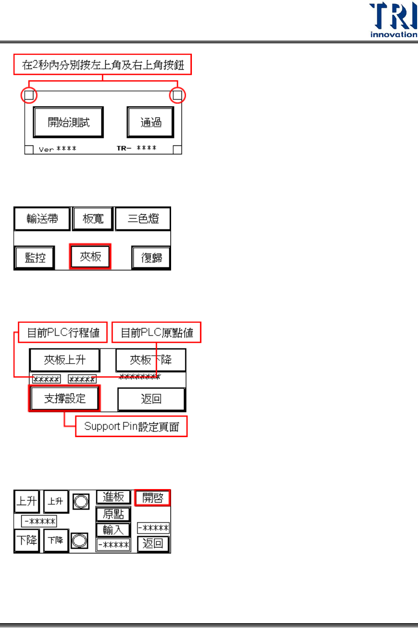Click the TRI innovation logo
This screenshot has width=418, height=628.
point(393,19)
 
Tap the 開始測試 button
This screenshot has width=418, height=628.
point(68,122)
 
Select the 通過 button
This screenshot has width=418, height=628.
point(150,122)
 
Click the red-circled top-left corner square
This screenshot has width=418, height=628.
point(29,95)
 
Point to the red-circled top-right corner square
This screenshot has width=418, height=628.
point(177,95)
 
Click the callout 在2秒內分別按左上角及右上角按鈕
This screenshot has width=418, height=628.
point(103,65)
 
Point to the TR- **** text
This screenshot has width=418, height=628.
point(136,148)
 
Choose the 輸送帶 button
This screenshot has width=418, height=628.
point(42,219)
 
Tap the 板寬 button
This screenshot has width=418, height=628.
point(93,219)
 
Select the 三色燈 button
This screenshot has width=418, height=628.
point(143,219)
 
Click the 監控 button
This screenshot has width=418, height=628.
point(35,258)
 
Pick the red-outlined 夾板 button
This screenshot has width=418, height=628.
point(91,257)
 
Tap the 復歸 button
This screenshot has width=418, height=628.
point(151,258)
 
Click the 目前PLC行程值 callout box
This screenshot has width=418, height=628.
point(63,332)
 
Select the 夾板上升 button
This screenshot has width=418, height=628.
point(65,360)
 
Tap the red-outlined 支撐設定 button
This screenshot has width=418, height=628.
point(65,398)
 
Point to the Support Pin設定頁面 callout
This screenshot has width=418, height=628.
point(131,426)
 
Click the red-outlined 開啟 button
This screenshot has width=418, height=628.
point(152,498)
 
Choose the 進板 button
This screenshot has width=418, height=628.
point(113,497)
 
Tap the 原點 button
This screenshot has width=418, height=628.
point(113,514)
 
